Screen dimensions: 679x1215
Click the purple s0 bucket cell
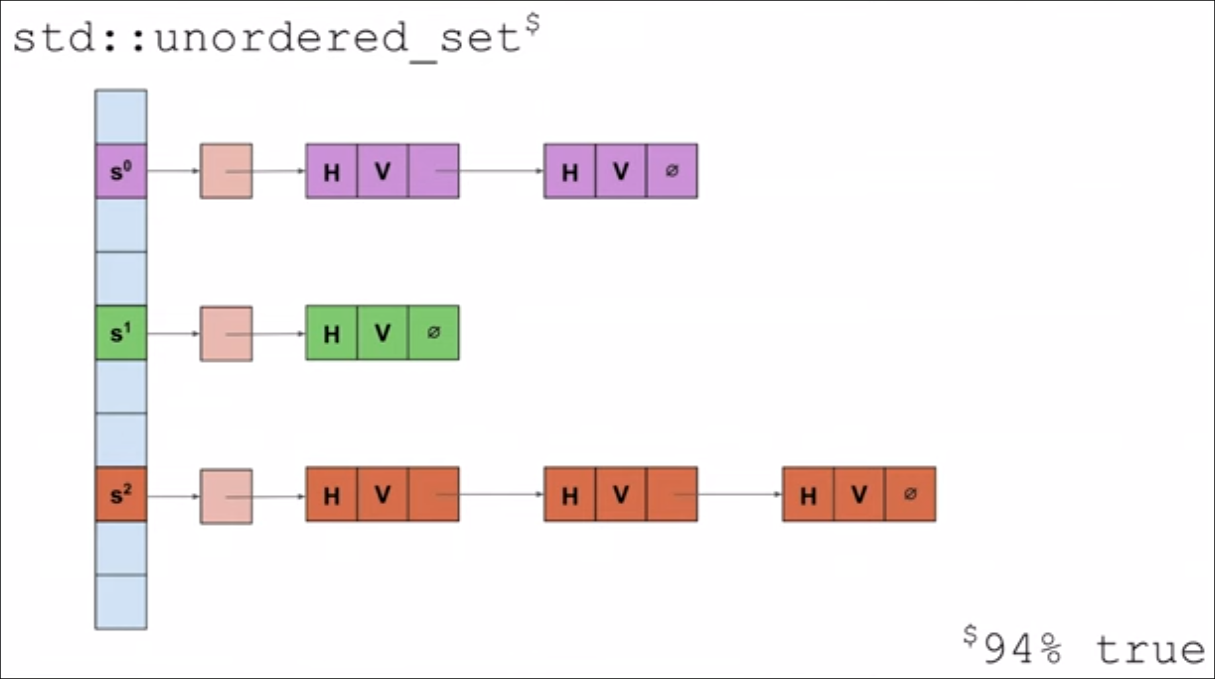coord(121,172)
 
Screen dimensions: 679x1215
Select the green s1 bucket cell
coord(121,333)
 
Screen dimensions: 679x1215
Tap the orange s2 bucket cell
coord(121,495)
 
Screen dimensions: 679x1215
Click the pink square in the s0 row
coord(226,172)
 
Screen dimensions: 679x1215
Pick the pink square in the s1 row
coord(226,334)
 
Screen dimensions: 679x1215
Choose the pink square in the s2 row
coord(226,496)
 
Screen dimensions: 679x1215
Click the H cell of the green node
coord(331,333)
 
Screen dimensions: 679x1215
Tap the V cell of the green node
coord(382,333)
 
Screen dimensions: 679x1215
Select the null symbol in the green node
coord(434,333)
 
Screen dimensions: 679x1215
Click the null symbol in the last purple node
coord(671,171)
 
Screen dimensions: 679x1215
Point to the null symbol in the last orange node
coord(910,494)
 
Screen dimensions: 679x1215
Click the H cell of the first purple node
coord(331,172)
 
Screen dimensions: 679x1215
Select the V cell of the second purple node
coord(620,172)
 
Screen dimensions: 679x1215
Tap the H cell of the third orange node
coord(808,495)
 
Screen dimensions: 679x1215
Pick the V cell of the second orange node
coord(620,495)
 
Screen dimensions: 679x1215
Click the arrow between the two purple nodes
coord(500,171)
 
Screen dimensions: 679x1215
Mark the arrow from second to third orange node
coord(738,494)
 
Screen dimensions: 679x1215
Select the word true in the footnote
coord(1150,650)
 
